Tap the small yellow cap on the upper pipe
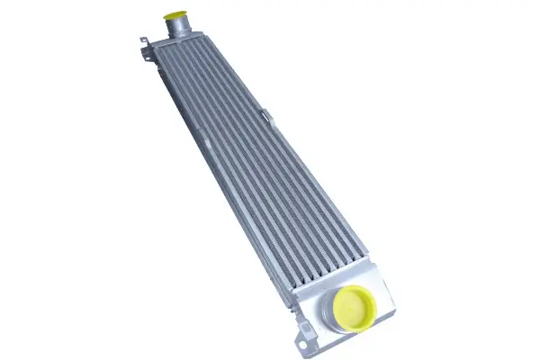[173, 15]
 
